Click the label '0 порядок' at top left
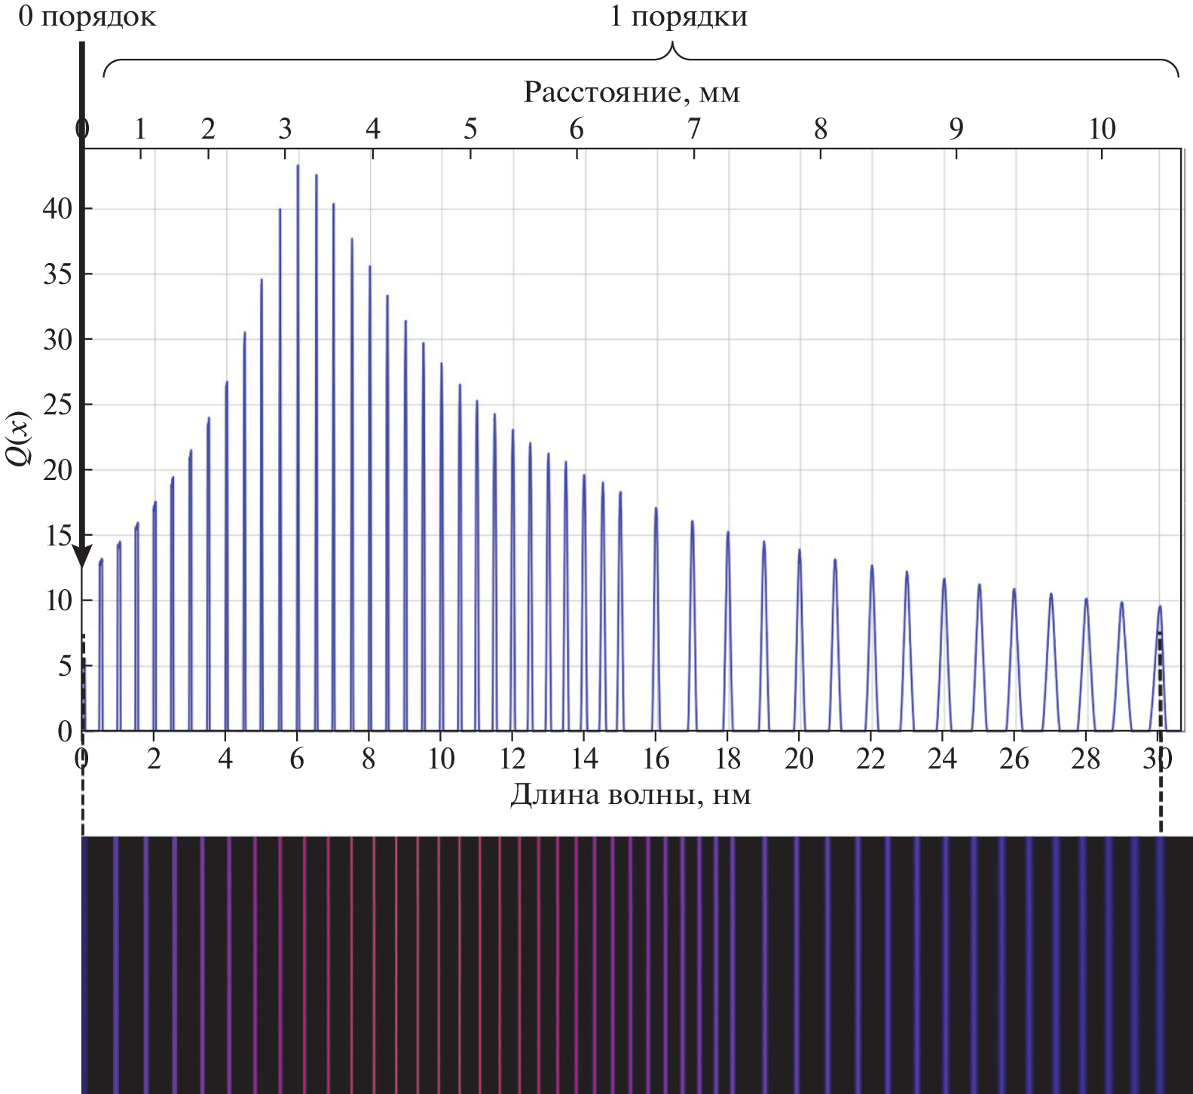coord(87,17)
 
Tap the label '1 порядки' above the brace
coord(678,17)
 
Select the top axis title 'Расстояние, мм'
coord(632,93)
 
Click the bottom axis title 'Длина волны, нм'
coord(631,795)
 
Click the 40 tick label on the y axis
coord(57,209)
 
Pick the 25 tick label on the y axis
coord(57,405)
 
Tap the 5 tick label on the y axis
coord(65,666)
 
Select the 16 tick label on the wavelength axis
coord(656,759)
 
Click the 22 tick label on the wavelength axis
coord(870,759)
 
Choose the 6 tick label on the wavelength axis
coord(298,759)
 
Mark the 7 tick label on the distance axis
coord(693,130)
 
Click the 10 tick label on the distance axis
coord(1102,130)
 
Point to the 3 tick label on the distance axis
coord(284,130)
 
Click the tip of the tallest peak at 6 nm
coord(298,166)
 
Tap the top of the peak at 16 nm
coord(656,509)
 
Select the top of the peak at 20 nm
coord(799,551)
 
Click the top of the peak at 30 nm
coord(1160,607)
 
